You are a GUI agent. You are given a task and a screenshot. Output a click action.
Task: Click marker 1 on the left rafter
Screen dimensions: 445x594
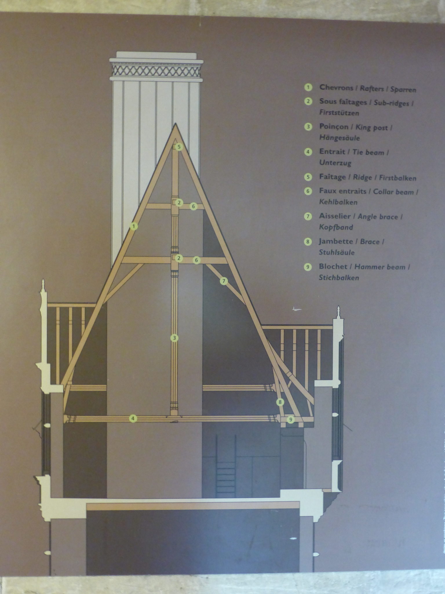coord(134,226)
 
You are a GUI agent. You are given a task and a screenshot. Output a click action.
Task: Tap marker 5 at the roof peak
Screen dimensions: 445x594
coord(179,147)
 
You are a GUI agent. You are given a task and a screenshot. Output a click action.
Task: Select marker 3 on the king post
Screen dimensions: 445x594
coord(174,338)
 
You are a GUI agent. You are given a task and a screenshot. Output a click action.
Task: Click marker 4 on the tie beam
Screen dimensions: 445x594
coord(133,418)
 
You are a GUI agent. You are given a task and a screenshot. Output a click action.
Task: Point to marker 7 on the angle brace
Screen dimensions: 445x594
coord(224,281)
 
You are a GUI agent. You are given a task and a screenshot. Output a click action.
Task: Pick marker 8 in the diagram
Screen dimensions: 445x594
coord(280,402)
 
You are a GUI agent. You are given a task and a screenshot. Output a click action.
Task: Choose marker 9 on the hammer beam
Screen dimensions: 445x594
coord(291,419)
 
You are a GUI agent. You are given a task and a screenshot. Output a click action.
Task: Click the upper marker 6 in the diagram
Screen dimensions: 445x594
coord(194,206)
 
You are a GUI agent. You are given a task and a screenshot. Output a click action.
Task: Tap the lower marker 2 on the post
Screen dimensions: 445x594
coord(179,258)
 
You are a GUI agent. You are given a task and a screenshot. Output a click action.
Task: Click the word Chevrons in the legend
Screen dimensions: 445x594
coord(336,87)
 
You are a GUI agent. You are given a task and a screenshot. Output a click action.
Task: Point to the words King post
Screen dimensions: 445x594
coord(372,128)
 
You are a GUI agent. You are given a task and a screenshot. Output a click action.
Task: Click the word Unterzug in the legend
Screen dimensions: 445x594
coord(335,163)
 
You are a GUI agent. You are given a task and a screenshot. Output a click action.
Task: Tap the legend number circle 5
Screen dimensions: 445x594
coord(308,177)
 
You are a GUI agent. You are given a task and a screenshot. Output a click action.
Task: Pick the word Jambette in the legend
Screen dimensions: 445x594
coord(336,241)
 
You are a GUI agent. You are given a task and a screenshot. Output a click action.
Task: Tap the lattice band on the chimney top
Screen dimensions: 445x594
coord(156,70)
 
